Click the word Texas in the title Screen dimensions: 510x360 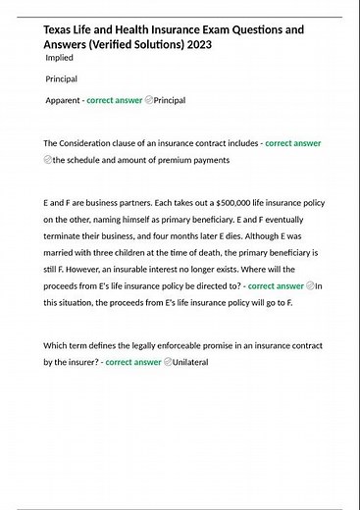tap(60, 29)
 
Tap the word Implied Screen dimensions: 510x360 tap(61, 58)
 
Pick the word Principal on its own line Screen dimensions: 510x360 tap(62, 78)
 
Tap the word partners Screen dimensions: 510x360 tap(119, 202)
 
